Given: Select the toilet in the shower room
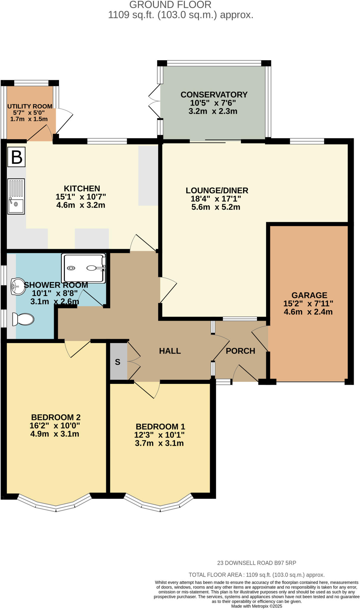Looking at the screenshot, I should tap(23, 319).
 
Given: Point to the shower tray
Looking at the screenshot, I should tap(83, 268).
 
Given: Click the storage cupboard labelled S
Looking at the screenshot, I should tap(118, 362).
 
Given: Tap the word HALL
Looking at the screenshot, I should tap(170, 351).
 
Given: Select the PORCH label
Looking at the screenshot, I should tap(240, 351).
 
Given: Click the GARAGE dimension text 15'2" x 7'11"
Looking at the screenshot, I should tap(308, 304).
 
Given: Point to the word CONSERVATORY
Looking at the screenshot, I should tap(214, 95).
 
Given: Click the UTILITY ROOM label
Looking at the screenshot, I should tap(30, 106).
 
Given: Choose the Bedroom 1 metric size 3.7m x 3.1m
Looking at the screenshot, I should tap(159, 443).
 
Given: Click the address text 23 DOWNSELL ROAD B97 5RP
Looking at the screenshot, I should tap(256, 563).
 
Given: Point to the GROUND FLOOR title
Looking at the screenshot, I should tap(170, 5).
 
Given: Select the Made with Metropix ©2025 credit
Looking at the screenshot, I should tap(256, 606).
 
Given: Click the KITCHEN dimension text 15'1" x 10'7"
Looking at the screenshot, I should tap(81, 197).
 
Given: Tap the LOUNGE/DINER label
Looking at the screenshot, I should tap(217, 190).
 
